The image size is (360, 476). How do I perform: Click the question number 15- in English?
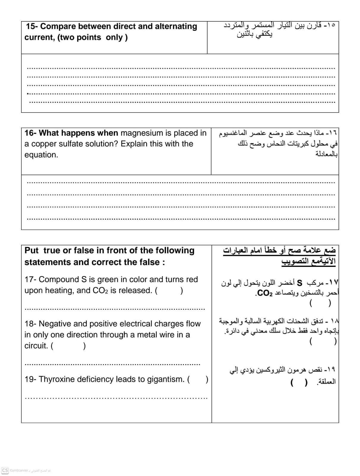coord(32,26)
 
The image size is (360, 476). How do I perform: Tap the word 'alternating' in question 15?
coord(176,26)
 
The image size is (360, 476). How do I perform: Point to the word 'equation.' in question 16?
coord(41,155)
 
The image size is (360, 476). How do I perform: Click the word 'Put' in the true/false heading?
coord(31,250)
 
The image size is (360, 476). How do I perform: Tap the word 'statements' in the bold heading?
coord(45,262)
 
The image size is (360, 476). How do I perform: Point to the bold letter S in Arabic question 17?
coord(300,282)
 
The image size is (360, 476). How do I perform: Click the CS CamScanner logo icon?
coord(5,470)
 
